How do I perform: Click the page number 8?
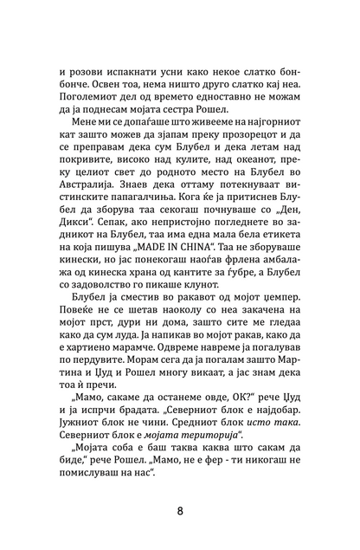(x=180, y=509)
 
